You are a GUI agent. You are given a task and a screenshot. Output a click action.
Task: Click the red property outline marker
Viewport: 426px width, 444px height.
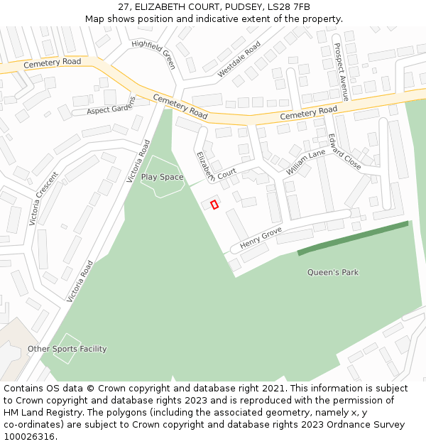pyautogui.click(x=214, y=205)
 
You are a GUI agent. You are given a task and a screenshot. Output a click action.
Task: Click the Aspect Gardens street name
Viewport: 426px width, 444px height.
pyautogui.click(x=110, y=110)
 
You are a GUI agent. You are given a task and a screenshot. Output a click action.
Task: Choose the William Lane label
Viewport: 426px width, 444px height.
pyautogui.click(x=305, y=162)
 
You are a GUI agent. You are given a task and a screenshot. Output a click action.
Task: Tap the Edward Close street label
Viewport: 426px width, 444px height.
pyautogui.click(x=344, y=151)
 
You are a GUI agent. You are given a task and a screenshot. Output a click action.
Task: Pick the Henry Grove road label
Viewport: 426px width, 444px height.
pyautogui.click(x=261, y=239)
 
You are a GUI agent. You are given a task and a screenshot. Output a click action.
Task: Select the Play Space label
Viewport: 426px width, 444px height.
pyautogui.click(x=162, y=177)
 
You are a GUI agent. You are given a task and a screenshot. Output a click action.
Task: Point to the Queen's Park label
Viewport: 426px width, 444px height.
pyautogui.click(x=332, y=272)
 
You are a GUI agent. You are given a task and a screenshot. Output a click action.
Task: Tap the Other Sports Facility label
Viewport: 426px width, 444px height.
pyautogui.click(x=67, y=349)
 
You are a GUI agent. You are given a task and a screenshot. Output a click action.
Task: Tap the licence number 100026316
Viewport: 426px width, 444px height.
pyautogui.click(x=29, y=437)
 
